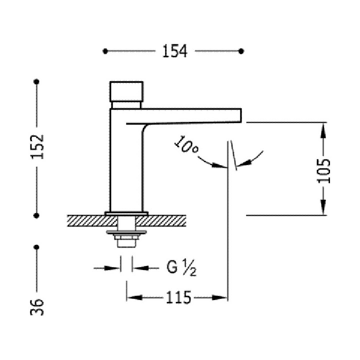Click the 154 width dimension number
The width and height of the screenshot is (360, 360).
[174, 51]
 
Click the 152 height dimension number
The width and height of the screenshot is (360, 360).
[37, 146]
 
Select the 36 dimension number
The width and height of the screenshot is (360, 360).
[37, 307]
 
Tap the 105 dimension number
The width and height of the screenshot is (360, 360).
[323, 170]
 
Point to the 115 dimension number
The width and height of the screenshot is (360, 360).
[178, 297]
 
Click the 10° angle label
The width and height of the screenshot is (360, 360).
[186, 144]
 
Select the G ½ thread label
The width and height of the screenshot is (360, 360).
[181, 267]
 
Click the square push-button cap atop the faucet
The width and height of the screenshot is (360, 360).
[126, 91]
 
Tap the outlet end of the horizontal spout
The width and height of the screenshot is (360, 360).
[240, 115]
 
